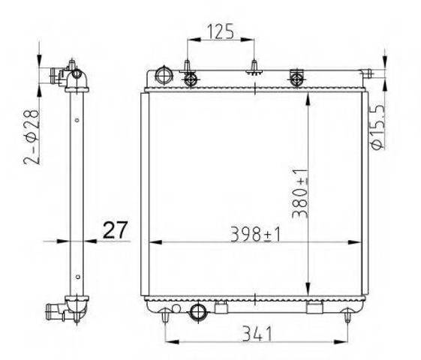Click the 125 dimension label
[221, 31]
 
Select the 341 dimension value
[257, 334]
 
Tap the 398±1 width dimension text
[255, 234]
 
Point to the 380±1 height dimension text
[299, 193]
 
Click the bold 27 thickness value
[115, 230]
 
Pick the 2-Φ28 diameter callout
[32, 136]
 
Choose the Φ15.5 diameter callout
[377, 127]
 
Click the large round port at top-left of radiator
[164, 76]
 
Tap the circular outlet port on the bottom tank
[198, 311]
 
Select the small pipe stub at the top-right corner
[366, 73]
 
